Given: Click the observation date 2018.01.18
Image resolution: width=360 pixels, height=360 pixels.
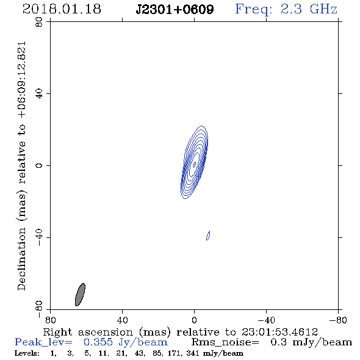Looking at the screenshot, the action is coord(62,9).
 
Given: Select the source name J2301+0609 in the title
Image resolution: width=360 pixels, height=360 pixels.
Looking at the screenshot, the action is coord(175,9).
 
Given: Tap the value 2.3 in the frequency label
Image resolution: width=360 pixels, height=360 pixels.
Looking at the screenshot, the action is coord(291,9).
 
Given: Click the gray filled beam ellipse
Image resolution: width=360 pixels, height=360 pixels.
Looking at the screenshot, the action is coord(80,295).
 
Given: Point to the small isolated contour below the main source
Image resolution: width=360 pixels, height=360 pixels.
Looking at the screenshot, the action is coord(208,236).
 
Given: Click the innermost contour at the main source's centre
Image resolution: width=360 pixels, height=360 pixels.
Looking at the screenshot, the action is coord(195,164).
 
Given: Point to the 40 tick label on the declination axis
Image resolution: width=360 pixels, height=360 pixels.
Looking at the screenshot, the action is coord(39,94).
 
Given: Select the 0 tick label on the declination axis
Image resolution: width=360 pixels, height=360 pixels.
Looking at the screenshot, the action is coord(39,165).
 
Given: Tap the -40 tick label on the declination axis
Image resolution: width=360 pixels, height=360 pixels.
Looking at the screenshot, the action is coord(39,237).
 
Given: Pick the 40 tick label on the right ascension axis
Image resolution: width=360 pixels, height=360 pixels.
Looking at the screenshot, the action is coord(123,320).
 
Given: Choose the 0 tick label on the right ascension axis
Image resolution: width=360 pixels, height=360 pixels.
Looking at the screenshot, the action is coord(195,320).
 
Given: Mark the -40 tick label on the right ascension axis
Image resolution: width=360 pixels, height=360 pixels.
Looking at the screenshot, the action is coord(266,320).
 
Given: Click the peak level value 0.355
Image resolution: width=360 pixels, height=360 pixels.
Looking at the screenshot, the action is coord(98,342).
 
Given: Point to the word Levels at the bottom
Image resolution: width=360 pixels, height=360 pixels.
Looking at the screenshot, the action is coord(27,353).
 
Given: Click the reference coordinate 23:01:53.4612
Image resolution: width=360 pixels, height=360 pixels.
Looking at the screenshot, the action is coord(279,332).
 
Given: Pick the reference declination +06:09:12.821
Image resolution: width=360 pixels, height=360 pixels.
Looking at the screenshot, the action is coord(22,80).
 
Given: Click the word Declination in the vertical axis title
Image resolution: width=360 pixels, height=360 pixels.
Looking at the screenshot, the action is coord(21,259).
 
